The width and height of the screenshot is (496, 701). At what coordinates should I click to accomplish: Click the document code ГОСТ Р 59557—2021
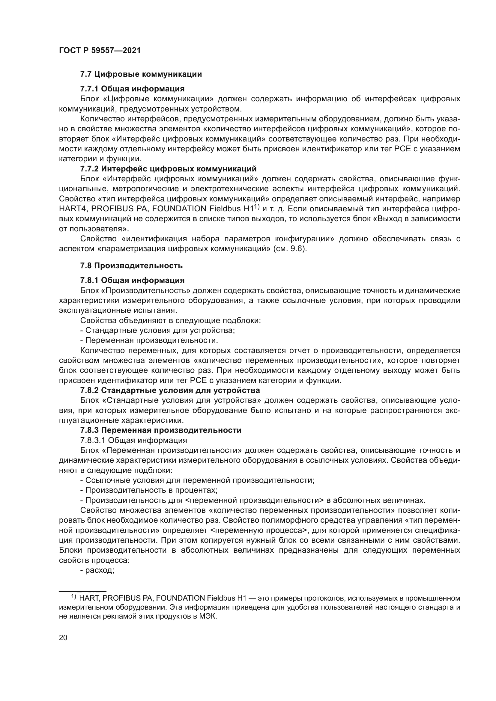coord(100,51)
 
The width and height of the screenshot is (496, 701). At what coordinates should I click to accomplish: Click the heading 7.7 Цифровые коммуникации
coord(141,74)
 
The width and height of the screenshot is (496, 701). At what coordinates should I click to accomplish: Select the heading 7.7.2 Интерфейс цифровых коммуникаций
coord(168,169)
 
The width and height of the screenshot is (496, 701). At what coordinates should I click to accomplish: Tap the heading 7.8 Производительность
coord(131,266)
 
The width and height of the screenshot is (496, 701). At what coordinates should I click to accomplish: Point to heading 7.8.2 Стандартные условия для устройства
coord(170,390)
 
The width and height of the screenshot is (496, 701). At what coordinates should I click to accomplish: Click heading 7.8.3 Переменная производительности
coord(161,430)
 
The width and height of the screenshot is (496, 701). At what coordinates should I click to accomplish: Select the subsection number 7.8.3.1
coord(93,440)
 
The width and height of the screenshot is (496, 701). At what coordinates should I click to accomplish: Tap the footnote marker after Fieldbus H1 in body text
coord(257,207)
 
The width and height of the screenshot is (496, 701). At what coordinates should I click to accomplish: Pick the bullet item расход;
coord(97,570)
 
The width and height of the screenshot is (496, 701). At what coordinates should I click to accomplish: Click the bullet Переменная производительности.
coord(149,340)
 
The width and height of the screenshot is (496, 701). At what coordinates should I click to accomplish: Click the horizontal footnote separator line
coord(82,591)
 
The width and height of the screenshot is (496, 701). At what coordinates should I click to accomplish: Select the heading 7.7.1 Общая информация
coord(132,89)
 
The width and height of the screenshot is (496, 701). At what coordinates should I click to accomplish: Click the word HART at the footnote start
coord(88,598)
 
